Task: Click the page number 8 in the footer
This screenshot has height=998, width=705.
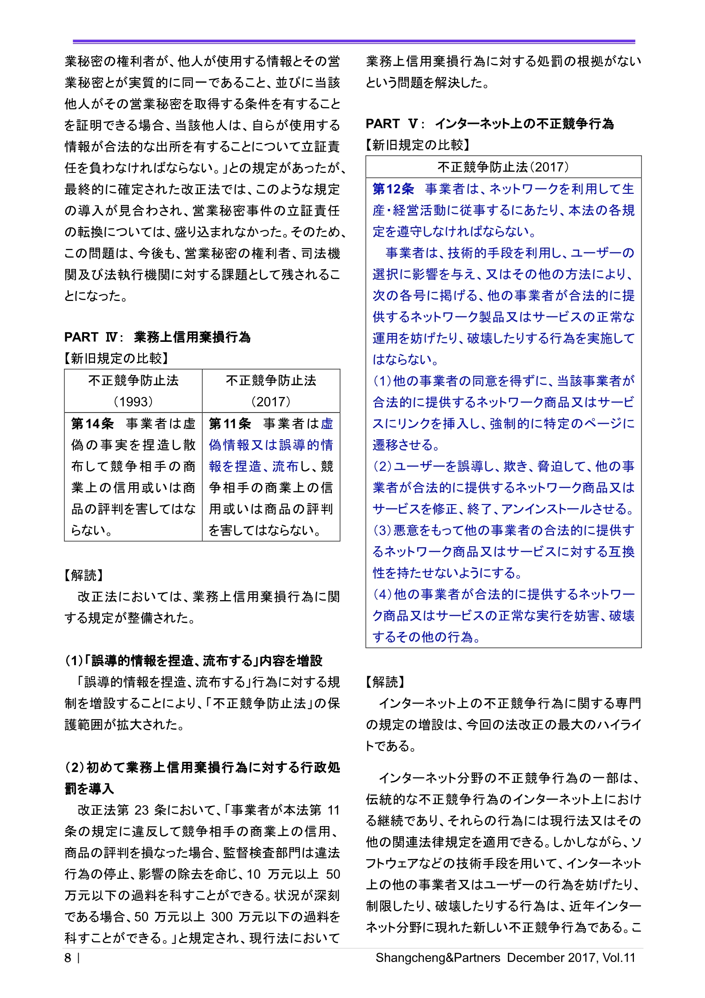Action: (68, 958)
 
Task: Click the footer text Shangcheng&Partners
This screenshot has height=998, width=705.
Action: (438, 958)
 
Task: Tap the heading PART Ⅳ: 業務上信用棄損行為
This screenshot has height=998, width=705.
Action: (157, 337)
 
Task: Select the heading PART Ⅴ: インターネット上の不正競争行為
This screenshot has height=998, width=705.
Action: (490, 124)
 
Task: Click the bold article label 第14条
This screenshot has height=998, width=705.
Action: (92, 424)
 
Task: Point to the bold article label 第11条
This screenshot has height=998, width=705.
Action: (230, 424)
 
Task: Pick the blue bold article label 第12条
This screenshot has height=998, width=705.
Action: (393, 189)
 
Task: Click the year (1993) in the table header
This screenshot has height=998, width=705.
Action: (133, 401)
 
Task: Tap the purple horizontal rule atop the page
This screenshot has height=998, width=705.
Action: (354, 42)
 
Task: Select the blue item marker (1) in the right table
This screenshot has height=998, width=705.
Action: (382, 381)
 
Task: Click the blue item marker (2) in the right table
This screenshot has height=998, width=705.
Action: (382, 466)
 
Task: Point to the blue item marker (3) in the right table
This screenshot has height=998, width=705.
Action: (382, 530)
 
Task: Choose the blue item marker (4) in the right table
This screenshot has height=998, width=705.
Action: (382, 594)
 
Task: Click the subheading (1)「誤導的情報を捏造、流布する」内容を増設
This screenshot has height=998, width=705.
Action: (194, 661)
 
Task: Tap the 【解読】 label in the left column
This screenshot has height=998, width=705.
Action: (84, 575)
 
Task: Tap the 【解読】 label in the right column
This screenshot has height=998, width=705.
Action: (385, 682)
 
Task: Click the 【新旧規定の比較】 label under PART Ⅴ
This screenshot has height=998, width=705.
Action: (418, 145)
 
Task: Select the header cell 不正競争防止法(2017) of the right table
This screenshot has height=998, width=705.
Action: (503, 167)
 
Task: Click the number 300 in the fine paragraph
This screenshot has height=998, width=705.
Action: (222, 917)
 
